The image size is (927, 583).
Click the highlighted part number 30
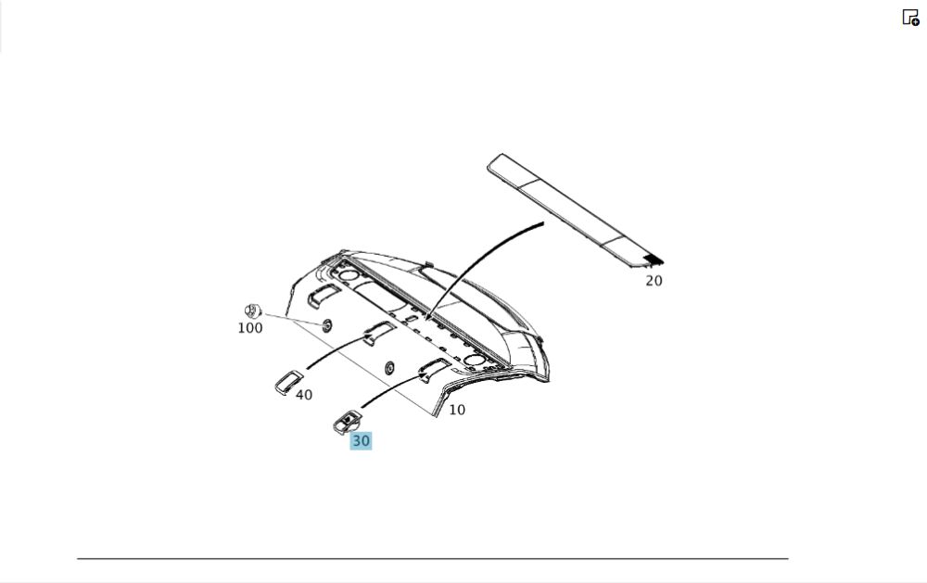tap(361, 440)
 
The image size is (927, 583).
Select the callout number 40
tap(304, 395)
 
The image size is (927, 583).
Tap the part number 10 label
tap(457, 410)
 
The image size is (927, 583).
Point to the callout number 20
tap(654, 281)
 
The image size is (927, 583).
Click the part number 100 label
tap(250, 328)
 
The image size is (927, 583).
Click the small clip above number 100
tap(252, 310)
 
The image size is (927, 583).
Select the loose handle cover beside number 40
tap(288, 383)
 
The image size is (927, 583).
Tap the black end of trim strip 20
tap(654, 260)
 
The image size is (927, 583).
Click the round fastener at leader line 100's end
tap(326, 324)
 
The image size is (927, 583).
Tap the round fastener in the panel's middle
tap(389, 368)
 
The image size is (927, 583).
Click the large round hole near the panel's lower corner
tap(474, 360)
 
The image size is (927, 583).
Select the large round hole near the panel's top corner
tap(348, 275)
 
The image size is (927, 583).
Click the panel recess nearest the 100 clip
tap(323, 295)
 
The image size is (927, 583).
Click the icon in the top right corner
tap(910, 18)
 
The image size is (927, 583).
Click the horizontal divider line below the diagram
tap(433, 558)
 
